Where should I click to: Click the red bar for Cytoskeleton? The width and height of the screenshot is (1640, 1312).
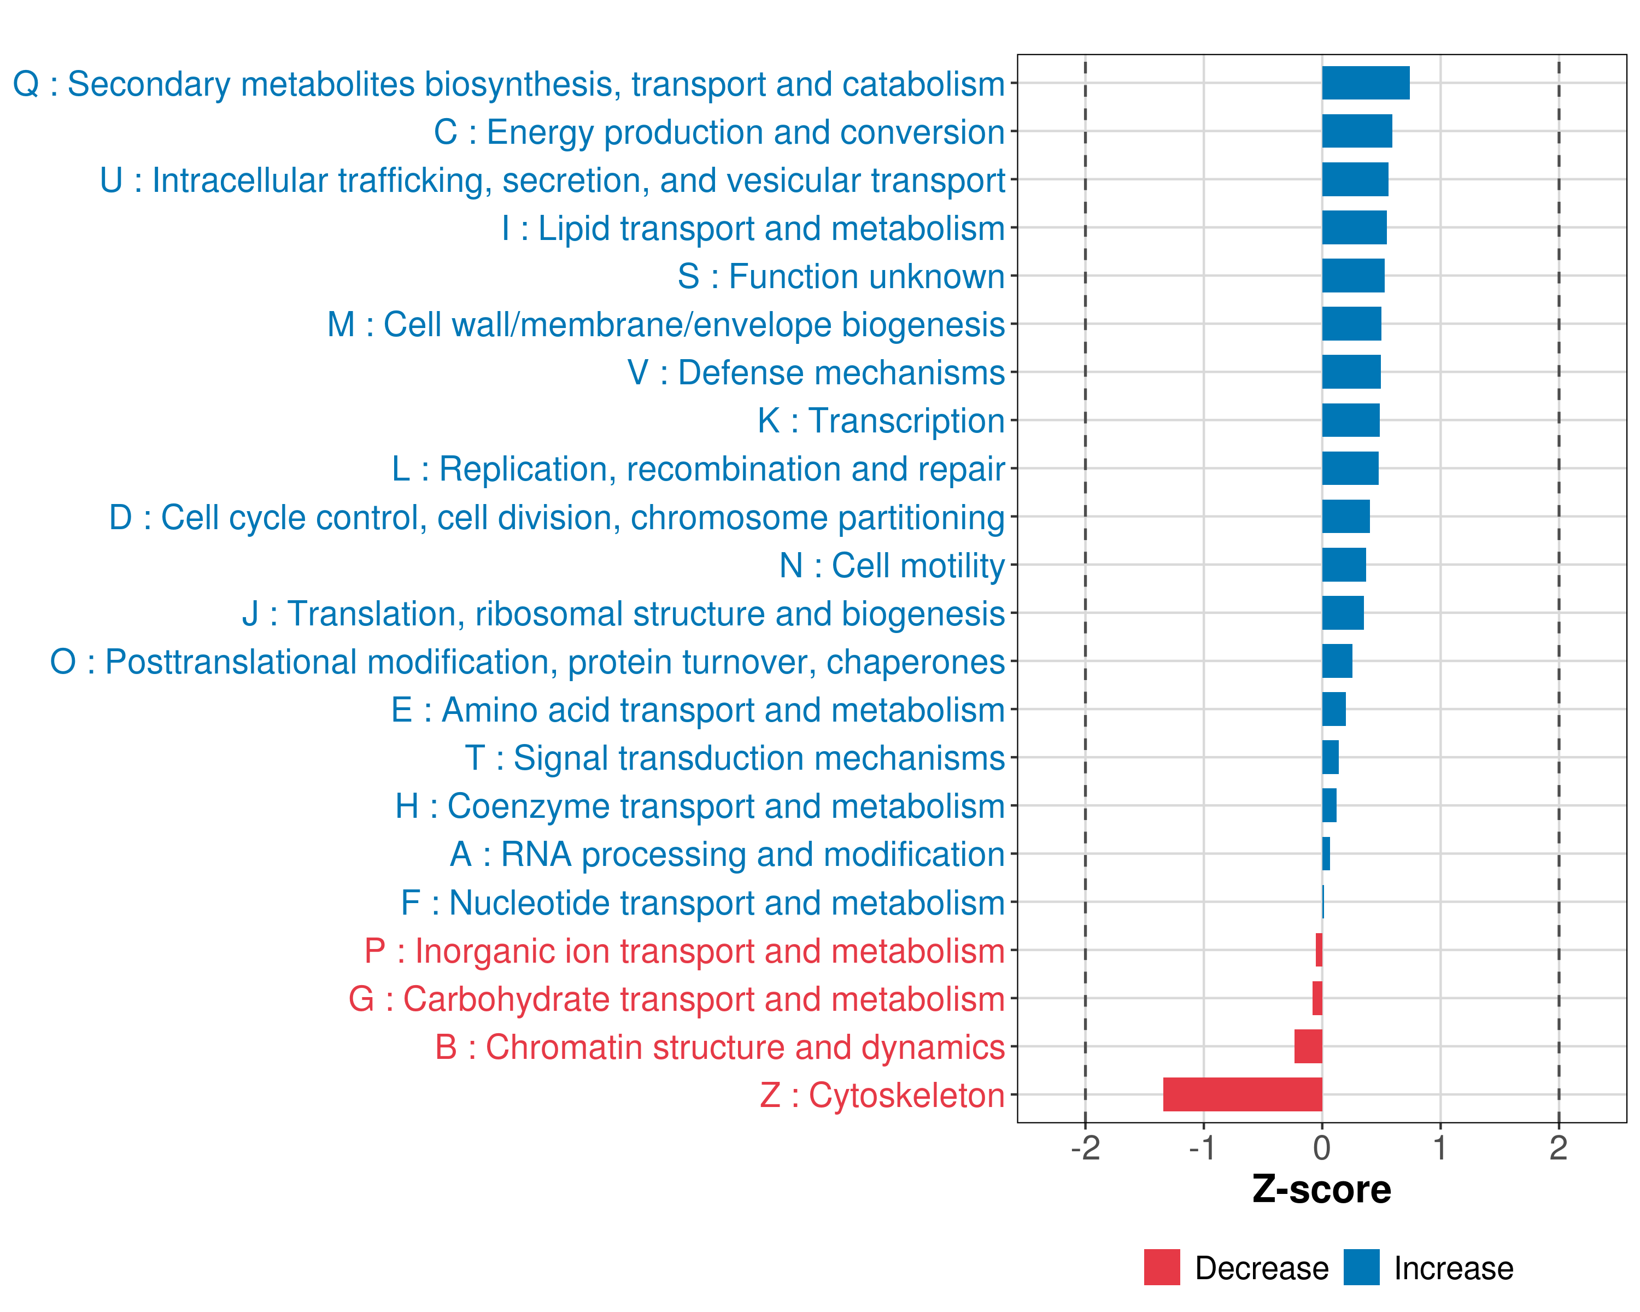point(1242,1094)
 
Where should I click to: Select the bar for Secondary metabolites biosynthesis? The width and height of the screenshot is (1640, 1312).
point(1366,83)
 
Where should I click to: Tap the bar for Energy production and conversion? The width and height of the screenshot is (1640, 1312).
point(1357,131)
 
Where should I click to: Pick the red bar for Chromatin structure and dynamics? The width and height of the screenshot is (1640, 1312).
point(1308,1046)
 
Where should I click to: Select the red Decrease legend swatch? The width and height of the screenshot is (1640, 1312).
point(1162,1267)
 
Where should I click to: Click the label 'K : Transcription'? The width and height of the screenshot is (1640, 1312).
point(881,420)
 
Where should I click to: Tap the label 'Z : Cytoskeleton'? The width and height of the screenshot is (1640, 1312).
point(882,1095)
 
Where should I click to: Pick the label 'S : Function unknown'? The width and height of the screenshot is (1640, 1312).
point(841,276)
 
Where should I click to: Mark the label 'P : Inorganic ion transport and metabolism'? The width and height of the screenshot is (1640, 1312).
point(684,951)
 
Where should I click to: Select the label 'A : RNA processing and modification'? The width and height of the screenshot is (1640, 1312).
point(727,854)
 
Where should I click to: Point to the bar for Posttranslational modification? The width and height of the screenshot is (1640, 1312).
point(1337,661)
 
